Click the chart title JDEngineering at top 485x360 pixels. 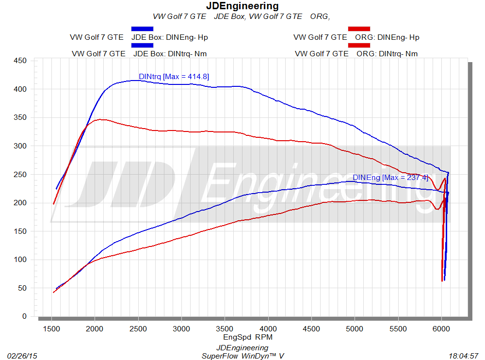click(242, 6)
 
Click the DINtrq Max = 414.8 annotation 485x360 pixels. click(174, 76)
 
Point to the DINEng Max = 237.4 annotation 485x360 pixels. click(390, 178)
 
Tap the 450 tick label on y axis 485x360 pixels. click(21, 61)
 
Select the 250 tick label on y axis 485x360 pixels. click(21, 174)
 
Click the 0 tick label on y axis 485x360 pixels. click(25, 316)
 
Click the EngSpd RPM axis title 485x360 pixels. click(245, 336)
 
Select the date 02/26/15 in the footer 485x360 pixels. click(22, 356)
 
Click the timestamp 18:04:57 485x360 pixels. click(464, 356)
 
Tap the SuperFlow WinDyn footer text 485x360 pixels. click(242, 356)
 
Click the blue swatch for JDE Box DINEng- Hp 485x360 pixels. click(142, 29)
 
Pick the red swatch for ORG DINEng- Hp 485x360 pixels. click(359, 29)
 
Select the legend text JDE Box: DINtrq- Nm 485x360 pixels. click(170, 53)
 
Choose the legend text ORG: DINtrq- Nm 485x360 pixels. click(387, 53)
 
